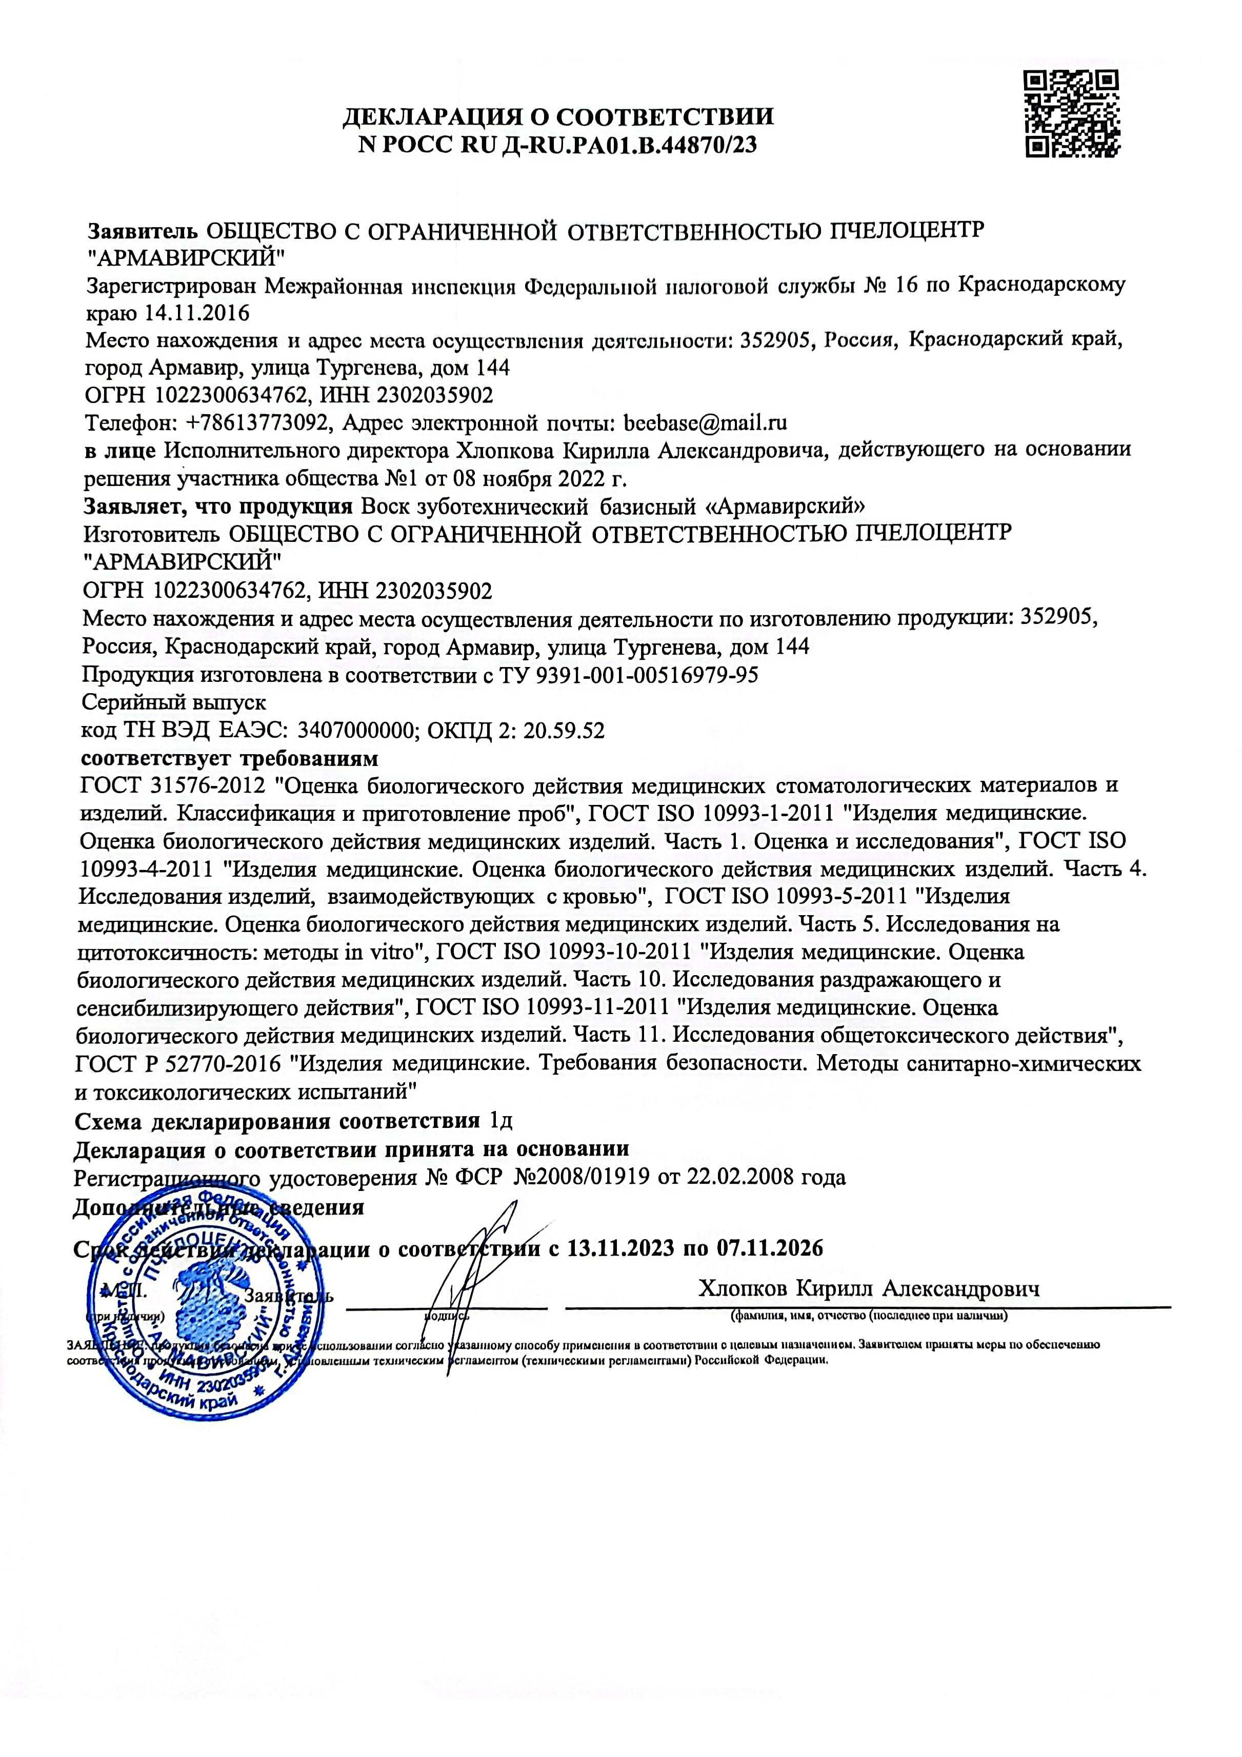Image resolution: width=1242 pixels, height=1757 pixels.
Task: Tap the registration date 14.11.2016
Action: pyautogui.click(x=197, y=313)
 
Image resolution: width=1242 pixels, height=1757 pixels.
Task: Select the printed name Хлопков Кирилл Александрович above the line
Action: pyautogui.click(x=869, y=1289)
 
